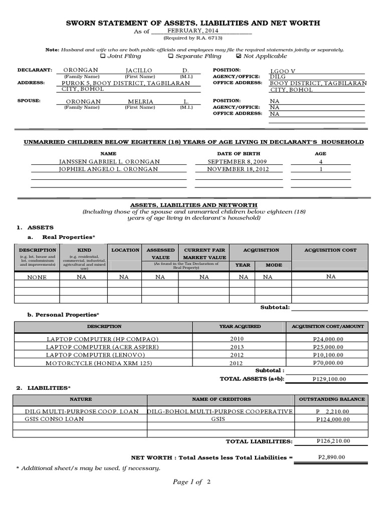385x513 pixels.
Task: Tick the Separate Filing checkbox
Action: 170,57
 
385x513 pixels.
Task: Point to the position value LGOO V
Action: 283,71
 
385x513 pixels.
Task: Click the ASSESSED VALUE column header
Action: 160,253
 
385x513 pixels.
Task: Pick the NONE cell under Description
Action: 37,277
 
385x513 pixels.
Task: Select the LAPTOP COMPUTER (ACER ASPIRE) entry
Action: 102,347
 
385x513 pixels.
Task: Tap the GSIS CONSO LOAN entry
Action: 56,419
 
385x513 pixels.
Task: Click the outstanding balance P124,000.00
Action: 333,419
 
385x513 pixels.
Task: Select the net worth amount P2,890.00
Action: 331,457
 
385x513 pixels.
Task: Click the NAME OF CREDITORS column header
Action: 221,399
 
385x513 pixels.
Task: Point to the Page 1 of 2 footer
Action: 192,482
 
